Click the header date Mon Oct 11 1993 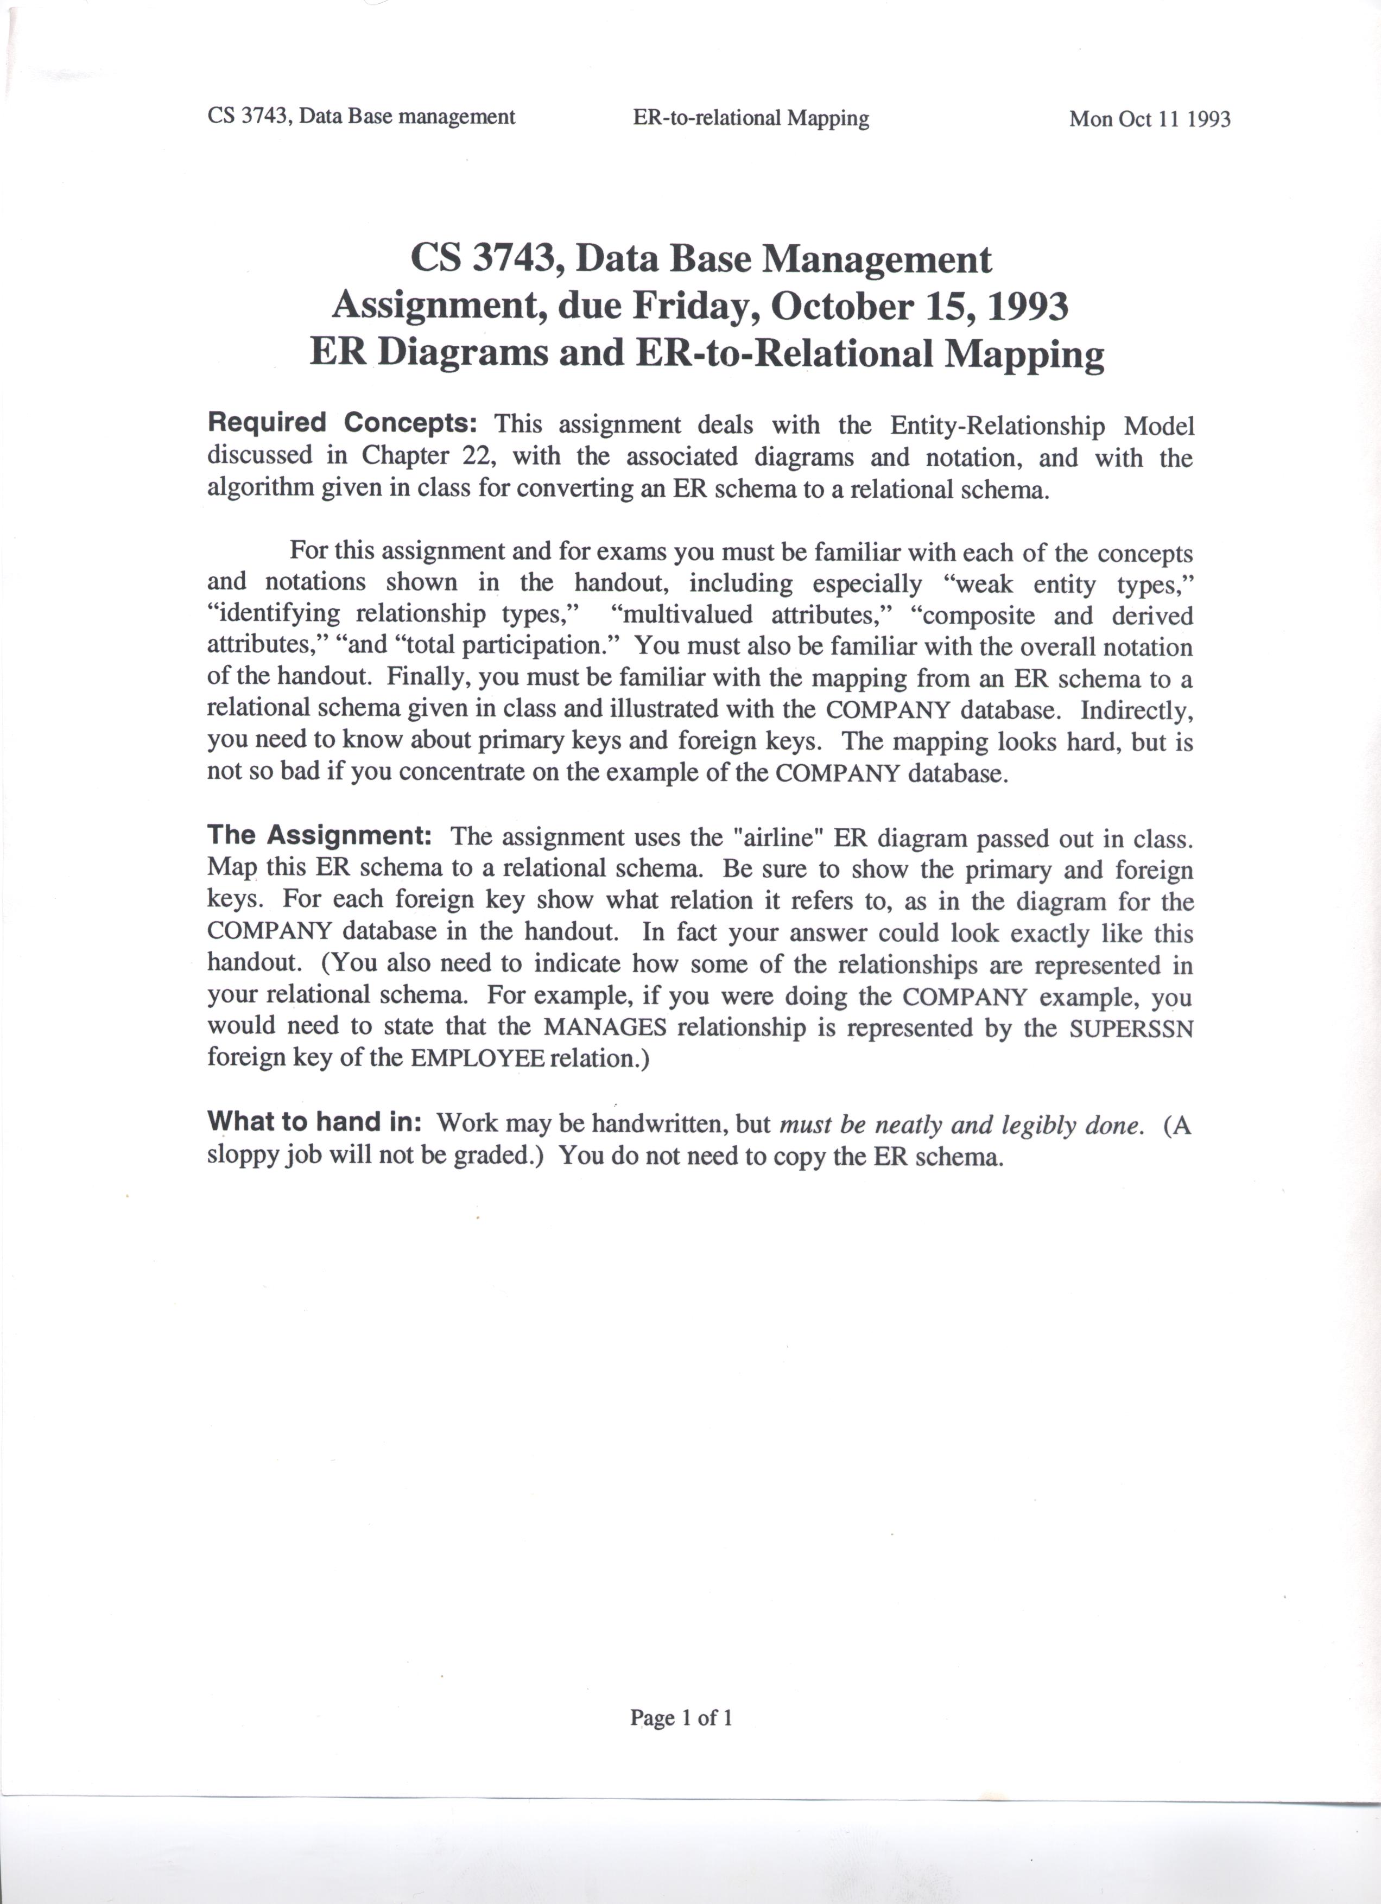point(1149,119)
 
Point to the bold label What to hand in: point(314,1121)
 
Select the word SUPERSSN point(1131,1029)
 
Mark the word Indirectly point(1136,710)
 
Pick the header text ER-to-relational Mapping point(751,118)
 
